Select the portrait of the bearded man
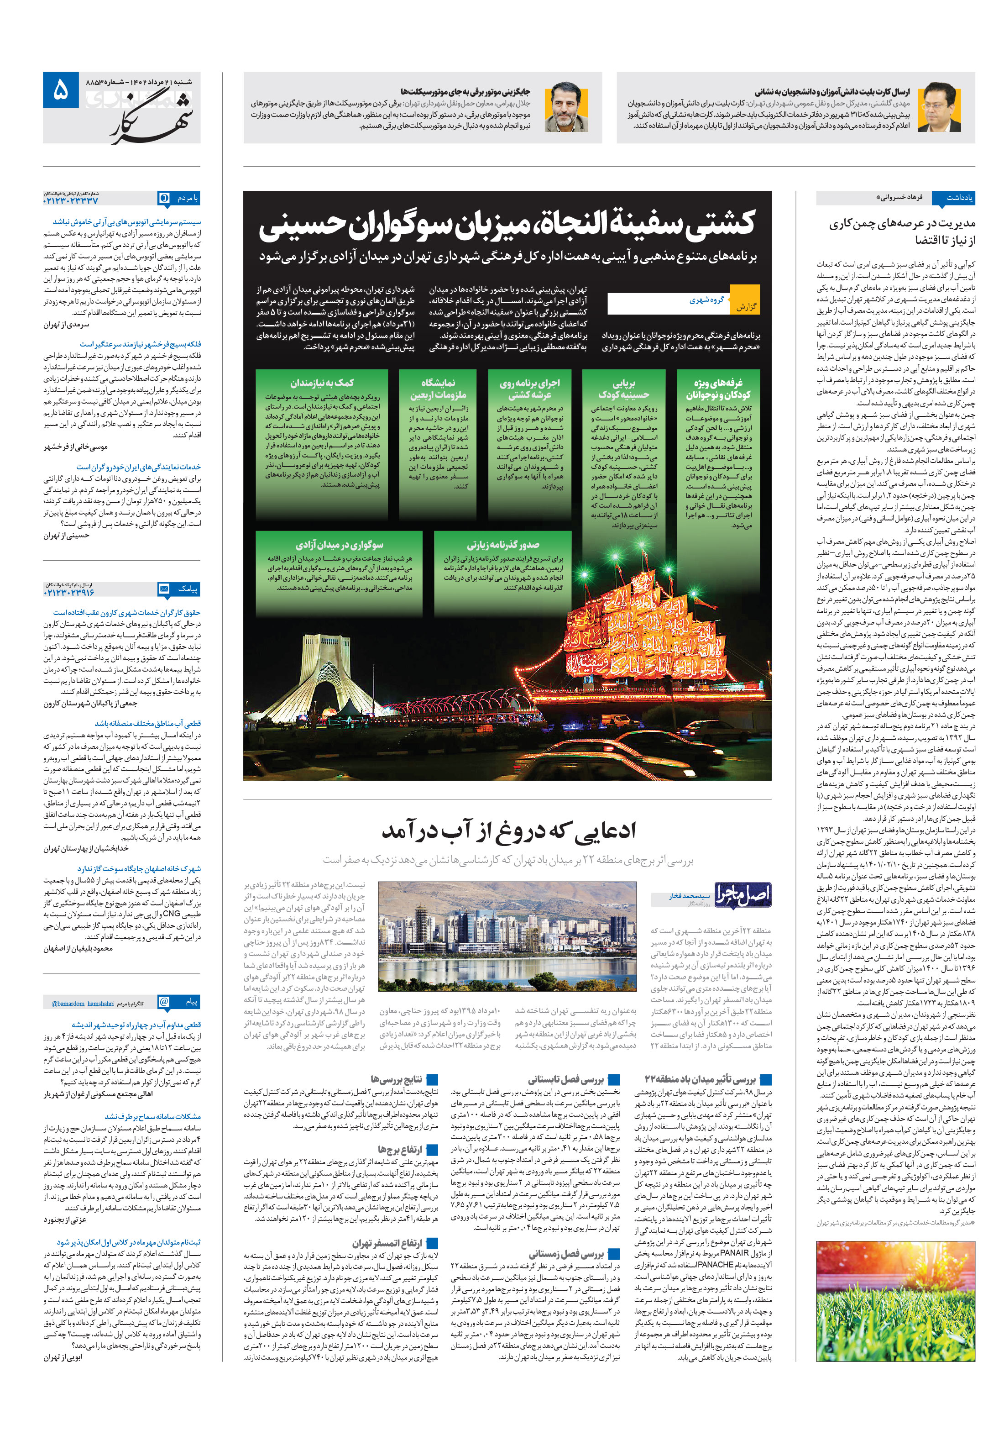coord(566,107)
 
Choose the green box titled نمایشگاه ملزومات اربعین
coord(437,435)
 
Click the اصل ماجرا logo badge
coord(742,894)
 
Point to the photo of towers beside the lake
coord(507,937)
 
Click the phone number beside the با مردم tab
coord(71,201)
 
